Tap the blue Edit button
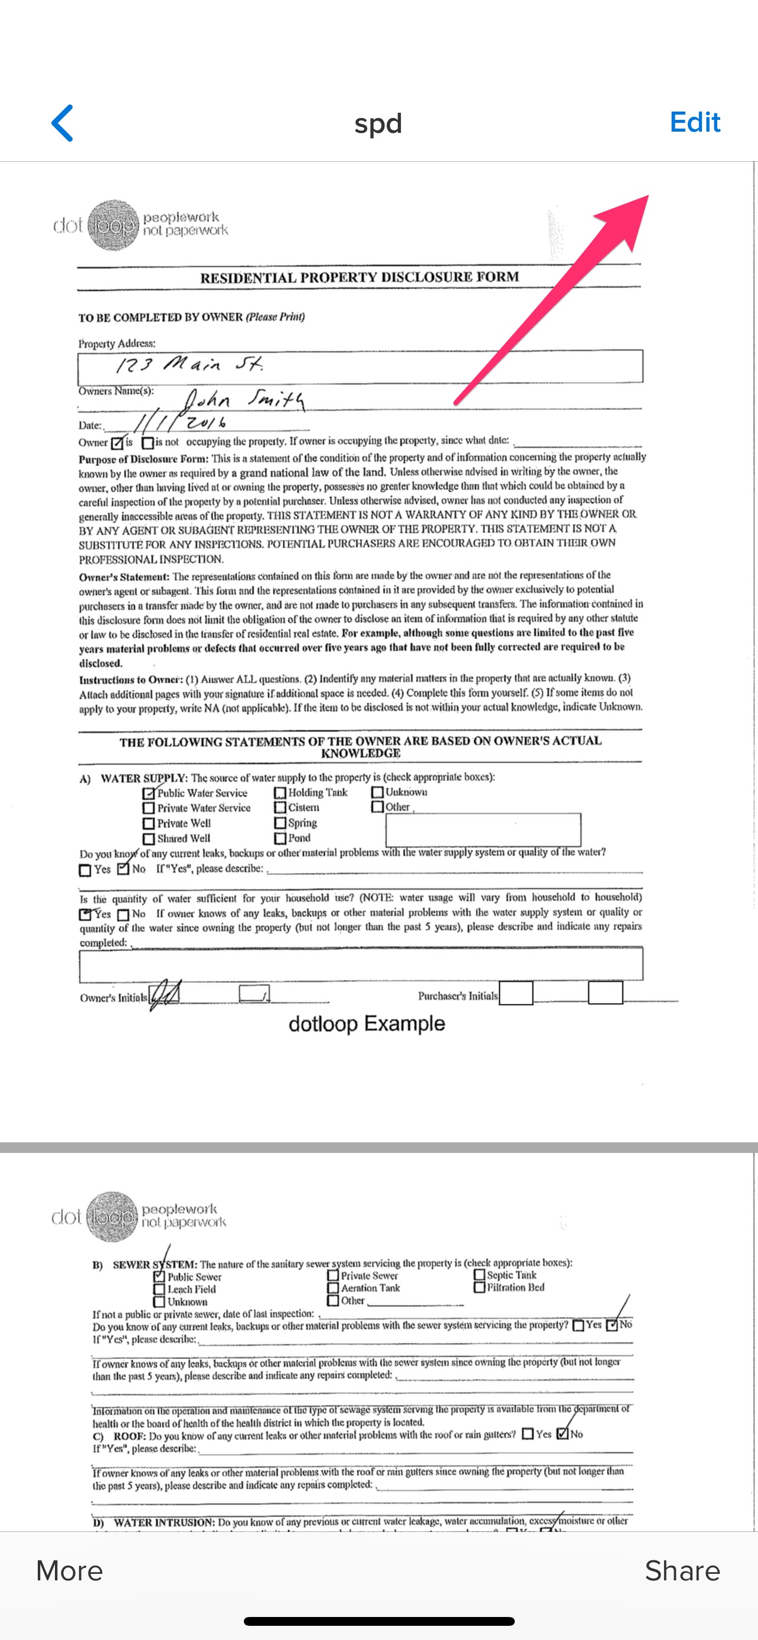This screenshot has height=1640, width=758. [694, 122]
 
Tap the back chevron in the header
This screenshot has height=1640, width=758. [63, 123]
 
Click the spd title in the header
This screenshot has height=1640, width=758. [378, 123]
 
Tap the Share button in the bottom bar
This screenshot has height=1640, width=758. [682, 1570]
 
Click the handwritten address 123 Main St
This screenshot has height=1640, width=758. [189, 365]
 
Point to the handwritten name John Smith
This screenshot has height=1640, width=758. [243, 400]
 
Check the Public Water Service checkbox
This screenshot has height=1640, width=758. [149, 793]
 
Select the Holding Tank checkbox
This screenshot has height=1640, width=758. [280, 793]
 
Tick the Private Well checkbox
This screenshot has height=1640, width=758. [149, 823]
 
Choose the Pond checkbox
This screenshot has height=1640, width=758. [280, 838]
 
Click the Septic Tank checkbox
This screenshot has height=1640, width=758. [479, 1275]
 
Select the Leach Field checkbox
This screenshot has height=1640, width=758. [159, 1289]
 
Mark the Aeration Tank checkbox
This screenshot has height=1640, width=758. [333, 1288]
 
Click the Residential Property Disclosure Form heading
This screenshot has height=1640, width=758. [360, 277]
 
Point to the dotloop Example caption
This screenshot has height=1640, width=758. [367, 1024]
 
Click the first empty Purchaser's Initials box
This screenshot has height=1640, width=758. [515, 992]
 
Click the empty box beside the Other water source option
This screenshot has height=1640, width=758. [483, 829]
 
